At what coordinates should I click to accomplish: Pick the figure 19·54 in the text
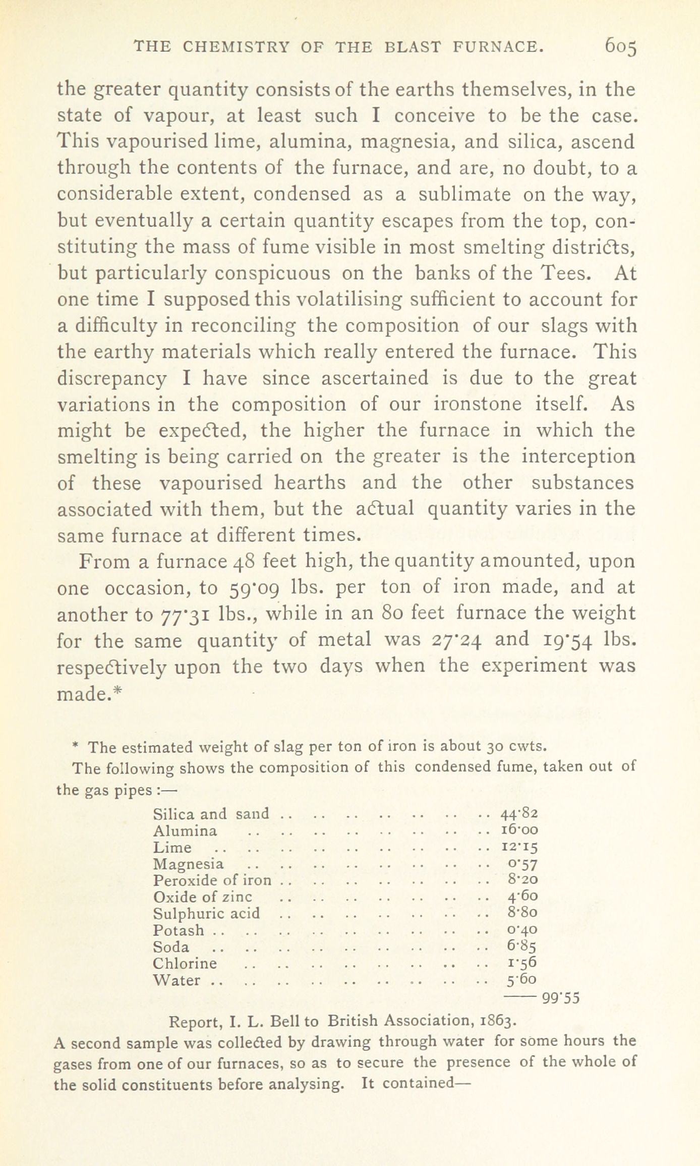click(x=565, y=640)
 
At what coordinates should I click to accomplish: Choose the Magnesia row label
click(x=188, y=864)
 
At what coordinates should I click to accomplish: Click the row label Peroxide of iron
click(x=212, y=880)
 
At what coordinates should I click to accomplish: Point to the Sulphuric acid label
click(x=206, y=913)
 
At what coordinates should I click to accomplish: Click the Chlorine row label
click(x=185, y=963)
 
